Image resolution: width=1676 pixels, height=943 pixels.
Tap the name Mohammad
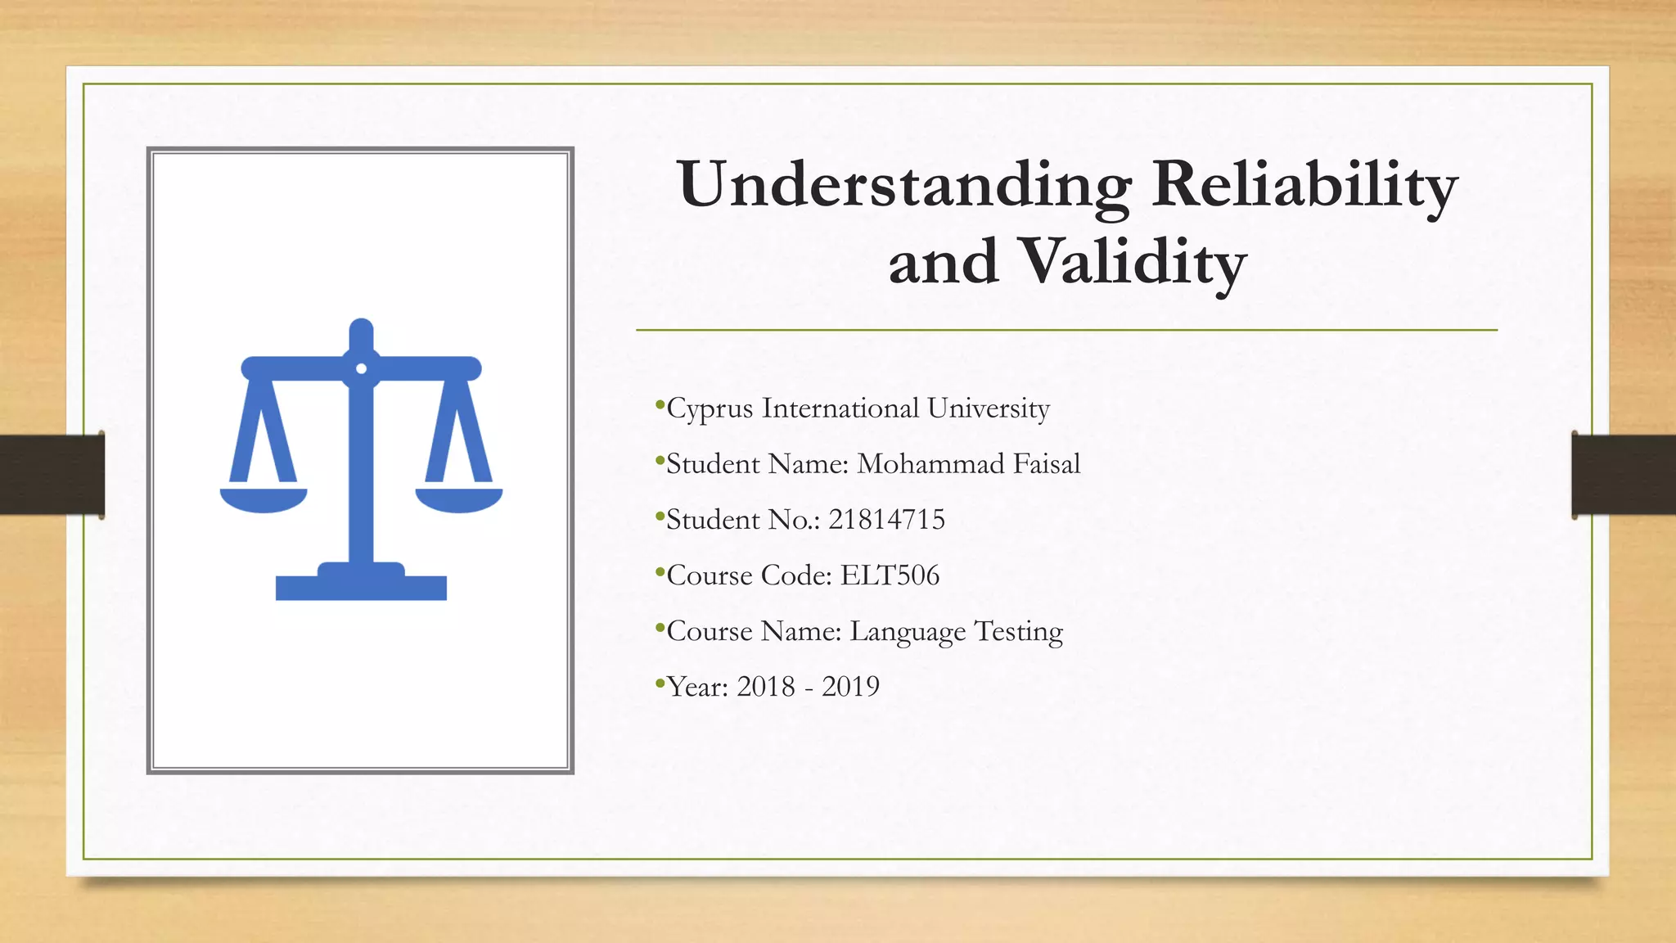coord(930,464)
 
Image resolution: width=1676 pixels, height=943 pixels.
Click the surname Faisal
coord(1047,464)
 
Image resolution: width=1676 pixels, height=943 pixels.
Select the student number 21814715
coord(886,520)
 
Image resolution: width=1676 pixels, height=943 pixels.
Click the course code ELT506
coord(890,575)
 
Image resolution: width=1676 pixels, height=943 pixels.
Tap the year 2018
coord(765,687)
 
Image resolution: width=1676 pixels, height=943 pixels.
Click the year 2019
coord(850,687)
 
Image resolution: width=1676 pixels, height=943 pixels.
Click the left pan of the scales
coord(264,499)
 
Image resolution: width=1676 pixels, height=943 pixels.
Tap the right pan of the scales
coord(458,499)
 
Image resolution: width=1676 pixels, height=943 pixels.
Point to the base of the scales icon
coord(361,585)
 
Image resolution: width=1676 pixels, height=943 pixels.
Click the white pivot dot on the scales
coord(361,368)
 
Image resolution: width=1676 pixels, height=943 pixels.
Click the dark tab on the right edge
coord(1623,475)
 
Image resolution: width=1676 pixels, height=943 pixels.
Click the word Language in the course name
coord(908,632)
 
